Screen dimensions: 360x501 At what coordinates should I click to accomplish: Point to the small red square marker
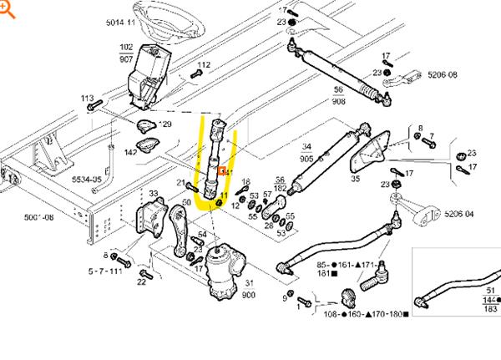(x=222, y=172)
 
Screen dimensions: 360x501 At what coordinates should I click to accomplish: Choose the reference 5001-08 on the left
(x=39, y=216)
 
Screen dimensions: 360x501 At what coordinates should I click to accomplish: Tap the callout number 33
(x=153, y=194)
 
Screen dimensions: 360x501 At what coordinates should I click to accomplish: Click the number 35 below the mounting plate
(x=356, y=177)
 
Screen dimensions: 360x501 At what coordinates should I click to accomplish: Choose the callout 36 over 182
(x=280, y=184)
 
